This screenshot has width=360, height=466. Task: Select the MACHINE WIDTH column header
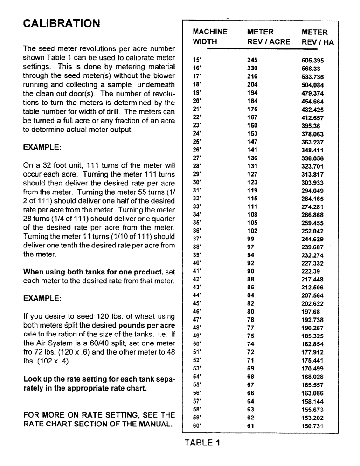(x=210, y=37)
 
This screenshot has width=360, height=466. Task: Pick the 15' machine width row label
(x=196, y=60)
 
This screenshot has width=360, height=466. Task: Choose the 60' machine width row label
(x=196, y=425)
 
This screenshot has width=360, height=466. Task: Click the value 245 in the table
(x=252, y=60)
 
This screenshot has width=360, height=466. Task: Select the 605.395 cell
(x=312, y=60)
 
